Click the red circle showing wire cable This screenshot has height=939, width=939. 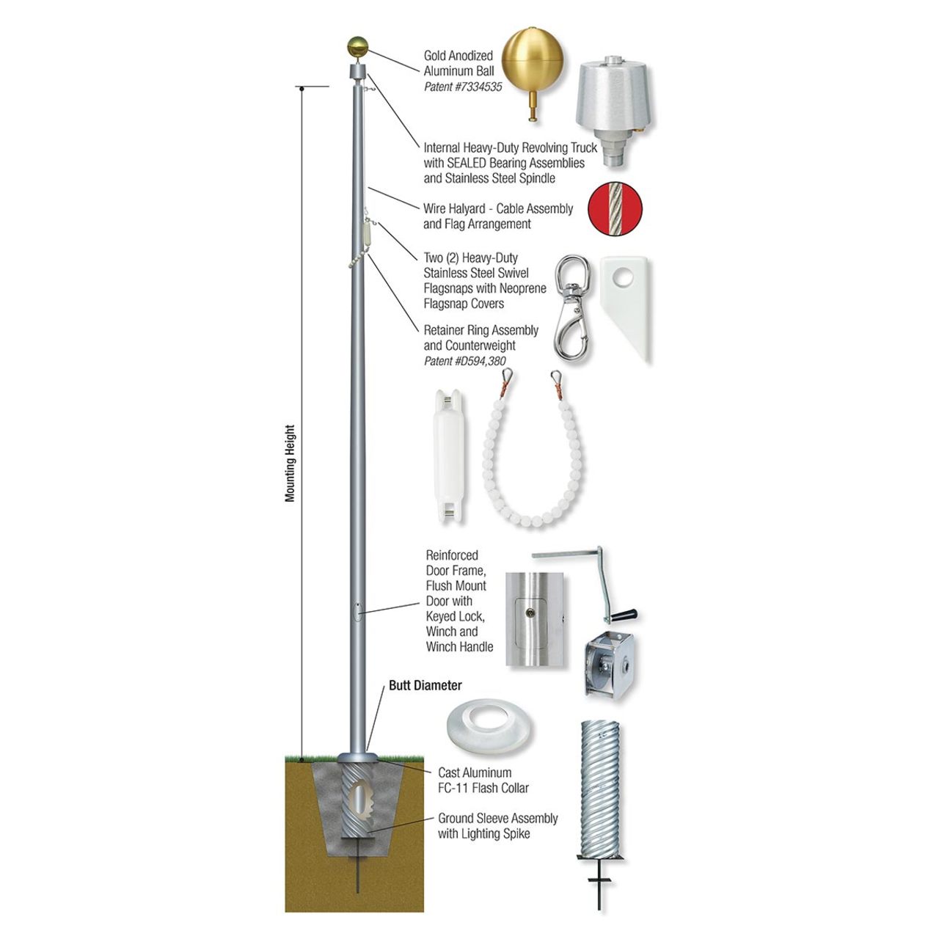pyautogui.click(x=615, y=210)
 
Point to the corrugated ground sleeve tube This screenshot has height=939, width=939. pyautogui.click(x=600, y=789)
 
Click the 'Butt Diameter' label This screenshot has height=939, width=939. pyautogui.click(x=425, y=686)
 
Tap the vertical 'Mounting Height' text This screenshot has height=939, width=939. pyautogui.click(x=290, y=464)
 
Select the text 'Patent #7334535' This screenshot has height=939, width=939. pyautogui.click(x=463, y=87)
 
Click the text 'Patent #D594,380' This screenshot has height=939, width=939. pyautogui.click(x=464, y=361)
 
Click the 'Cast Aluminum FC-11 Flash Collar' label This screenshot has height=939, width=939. pyautogui.click(x=483, y=781)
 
